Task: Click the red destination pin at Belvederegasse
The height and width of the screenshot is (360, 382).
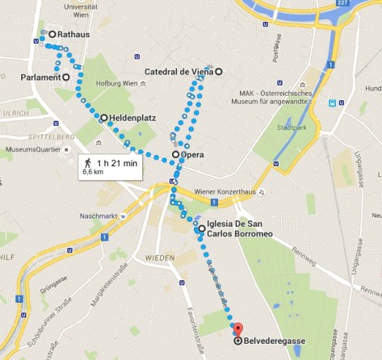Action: tap(237, 329)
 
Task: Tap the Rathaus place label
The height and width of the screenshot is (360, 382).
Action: tap(69, 35)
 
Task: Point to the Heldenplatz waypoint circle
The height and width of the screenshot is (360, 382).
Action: tap(103, 118)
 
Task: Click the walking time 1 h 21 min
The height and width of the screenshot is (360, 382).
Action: tap(118, 162)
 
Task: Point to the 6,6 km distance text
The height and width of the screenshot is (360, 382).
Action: tap(94, 172)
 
